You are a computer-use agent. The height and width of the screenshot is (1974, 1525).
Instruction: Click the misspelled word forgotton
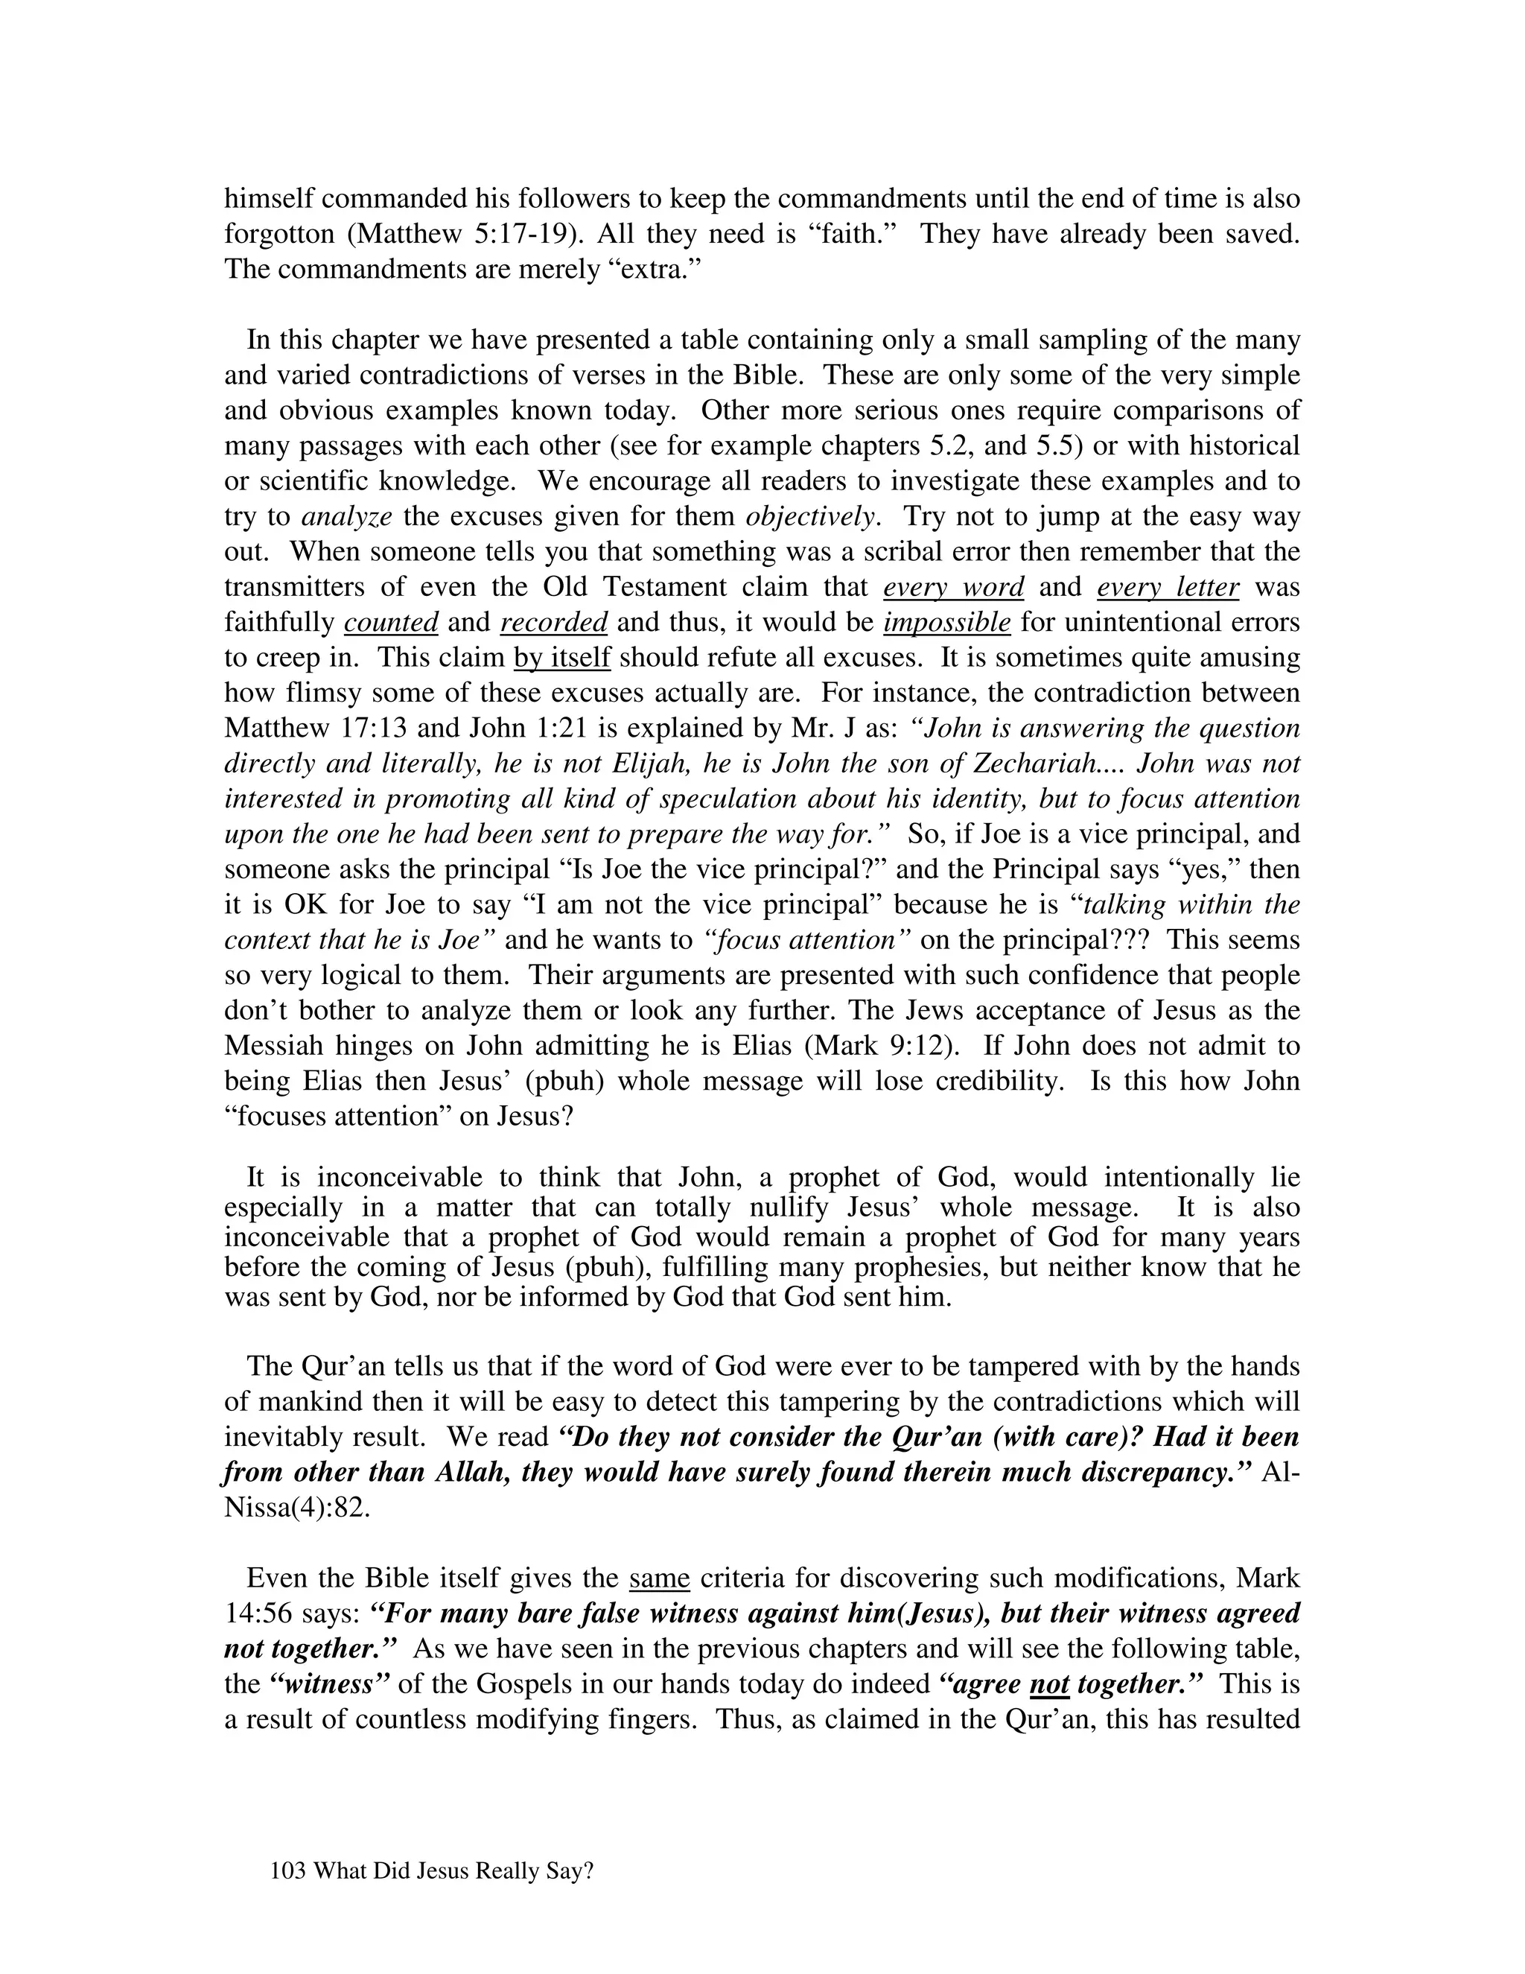point(279,234)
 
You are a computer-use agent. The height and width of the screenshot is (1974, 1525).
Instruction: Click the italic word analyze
point(347,516)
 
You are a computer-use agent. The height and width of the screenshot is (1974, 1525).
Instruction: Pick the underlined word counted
point(391,622)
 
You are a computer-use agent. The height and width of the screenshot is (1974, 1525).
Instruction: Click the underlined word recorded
point(553,622)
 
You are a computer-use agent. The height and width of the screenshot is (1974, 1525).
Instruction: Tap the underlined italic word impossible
point(947,622)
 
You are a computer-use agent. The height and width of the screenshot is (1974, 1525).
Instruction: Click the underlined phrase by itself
point(562,657)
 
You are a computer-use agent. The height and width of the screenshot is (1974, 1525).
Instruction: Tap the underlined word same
point(660,1579)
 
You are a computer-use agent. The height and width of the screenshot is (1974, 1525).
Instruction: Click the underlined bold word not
point(1049,1685)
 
